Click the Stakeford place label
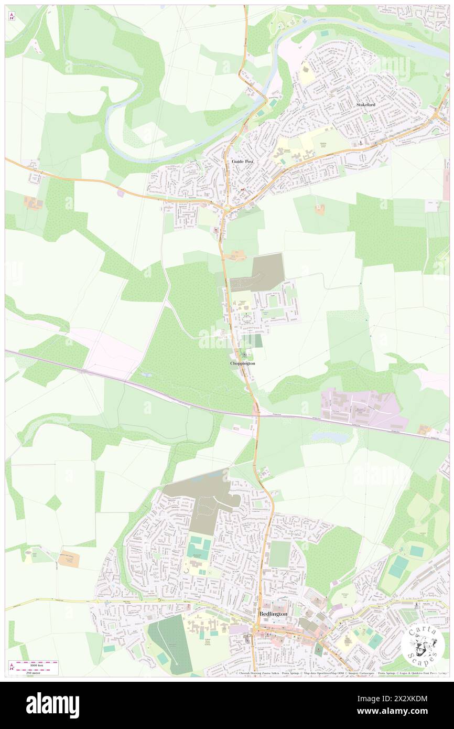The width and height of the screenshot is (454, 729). (x=366, y=105)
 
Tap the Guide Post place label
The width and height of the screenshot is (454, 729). (x=242, y=162)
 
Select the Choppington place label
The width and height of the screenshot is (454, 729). (x=243, y=363)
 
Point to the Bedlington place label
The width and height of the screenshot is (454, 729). (x=273, y=614)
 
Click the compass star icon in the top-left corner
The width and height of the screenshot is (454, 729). (x=12, y=16)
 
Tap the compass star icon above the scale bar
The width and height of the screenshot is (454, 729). (x=12, y=667)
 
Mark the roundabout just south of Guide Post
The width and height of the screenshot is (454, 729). (x=227, y=209)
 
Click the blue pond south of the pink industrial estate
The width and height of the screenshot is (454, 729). (x=329, y=437)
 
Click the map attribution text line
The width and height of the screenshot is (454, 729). (x=341, y=673)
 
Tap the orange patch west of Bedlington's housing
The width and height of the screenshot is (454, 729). (x=68, y=560)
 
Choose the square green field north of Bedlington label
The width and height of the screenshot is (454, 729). (x=279, y=554)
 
